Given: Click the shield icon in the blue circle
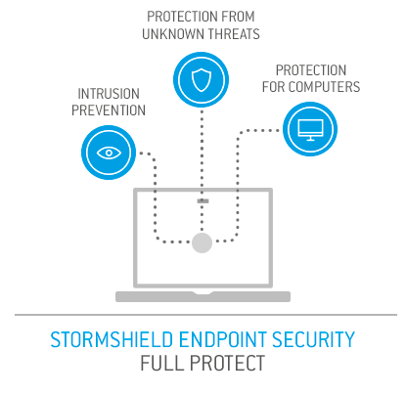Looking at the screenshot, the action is point(201,80).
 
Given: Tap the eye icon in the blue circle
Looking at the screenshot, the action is point(109,153).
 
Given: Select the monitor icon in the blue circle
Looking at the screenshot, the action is point(310,129).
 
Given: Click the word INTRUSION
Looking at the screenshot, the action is point(109,94).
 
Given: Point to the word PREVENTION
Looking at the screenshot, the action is point(109,110).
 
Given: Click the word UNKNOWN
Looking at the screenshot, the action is point(174,34).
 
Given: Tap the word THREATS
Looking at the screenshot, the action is point(234,34).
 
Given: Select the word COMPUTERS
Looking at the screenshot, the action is point(324,87).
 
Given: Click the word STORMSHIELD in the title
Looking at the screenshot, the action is point(112,339).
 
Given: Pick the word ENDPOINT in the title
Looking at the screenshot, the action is point(223,339).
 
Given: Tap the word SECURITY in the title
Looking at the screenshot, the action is point(313,339).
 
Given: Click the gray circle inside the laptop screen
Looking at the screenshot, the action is point(202,242).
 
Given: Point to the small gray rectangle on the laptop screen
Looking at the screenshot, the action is point(203,201).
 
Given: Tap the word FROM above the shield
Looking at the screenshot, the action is point(238,17).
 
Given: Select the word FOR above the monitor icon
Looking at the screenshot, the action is point(274,87).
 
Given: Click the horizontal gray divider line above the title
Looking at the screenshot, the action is point(205,315).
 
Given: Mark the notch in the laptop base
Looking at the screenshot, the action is point(203,293).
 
